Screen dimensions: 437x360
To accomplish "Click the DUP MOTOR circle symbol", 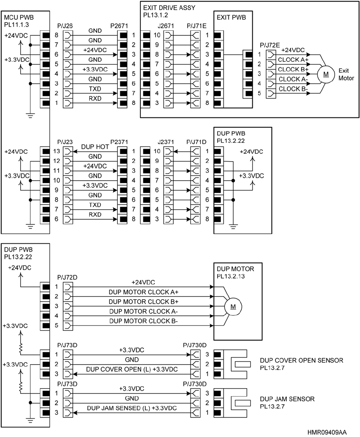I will pos(233,306).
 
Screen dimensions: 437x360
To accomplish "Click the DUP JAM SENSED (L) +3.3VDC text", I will pos(132,408).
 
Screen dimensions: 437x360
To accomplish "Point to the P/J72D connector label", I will pos(66,277).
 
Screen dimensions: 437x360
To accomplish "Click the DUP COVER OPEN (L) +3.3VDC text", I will pos(132,369).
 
